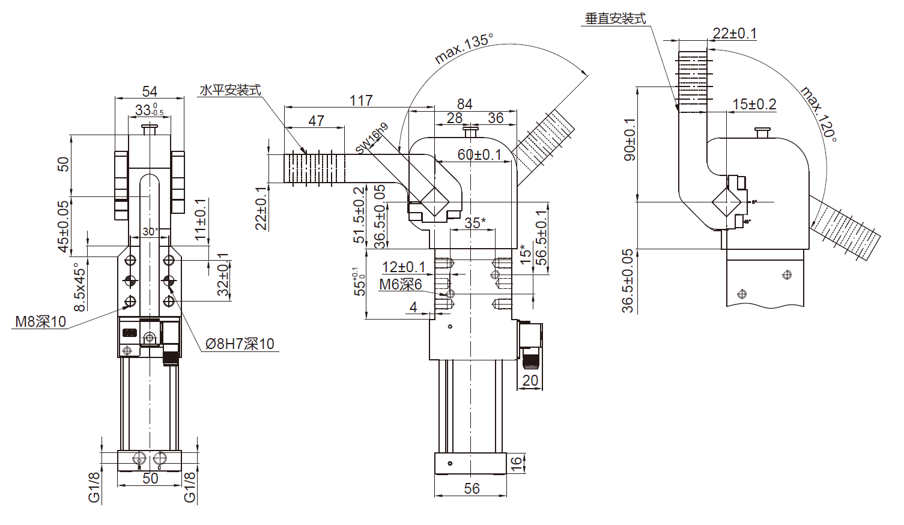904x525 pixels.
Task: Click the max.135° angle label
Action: (x=463, y=48)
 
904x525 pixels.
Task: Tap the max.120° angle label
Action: (x=819, y=114)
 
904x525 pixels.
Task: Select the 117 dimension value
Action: (x=361, y=100)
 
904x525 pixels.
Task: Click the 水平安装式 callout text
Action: (x=230, y=90)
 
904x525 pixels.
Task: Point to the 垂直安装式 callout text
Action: (x=615, y=19)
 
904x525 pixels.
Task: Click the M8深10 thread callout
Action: (x=40, y=321)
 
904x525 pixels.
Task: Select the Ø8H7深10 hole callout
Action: (x=240, y=344)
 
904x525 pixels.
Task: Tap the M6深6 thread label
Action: (x=400, y=284)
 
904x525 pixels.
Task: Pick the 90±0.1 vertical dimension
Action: (x=629, y=139)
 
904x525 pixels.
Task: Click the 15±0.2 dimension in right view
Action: (x=754, y=105)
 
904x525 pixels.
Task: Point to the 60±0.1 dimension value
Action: (x=479, y=154)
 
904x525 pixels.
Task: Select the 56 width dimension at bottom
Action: (x=472, y=488)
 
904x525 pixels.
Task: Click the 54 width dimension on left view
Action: (x=150, y=91)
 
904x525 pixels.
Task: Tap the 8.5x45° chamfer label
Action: (x=80, y=287)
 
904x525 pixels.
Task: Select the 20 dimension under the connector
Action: (x=530, y=380)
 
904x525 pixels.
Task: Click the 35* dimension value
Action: (x=475, y=223)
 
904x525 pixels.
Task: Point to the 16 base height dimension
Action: (x=517, y=463)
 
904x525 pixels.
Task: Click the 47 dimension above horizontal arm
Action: (x=316, y=120)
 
